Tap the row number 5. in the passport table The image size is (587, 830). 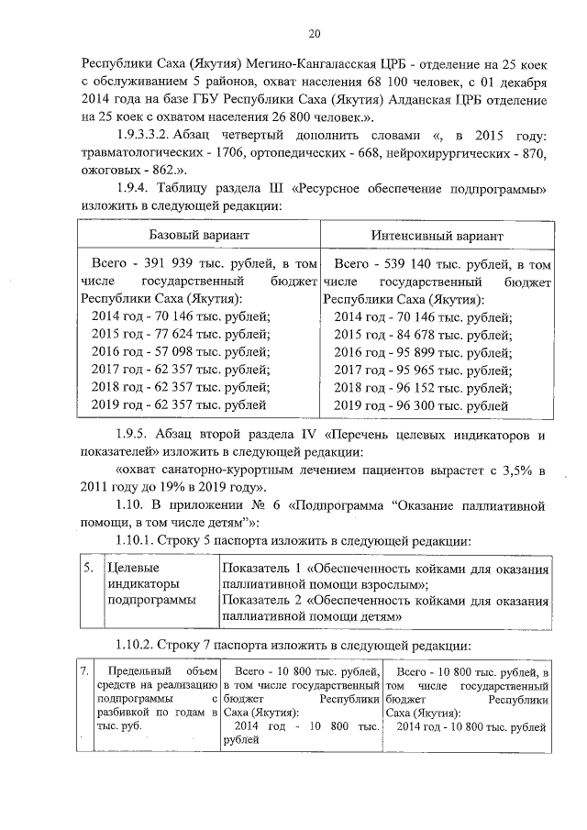point(89,569)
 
